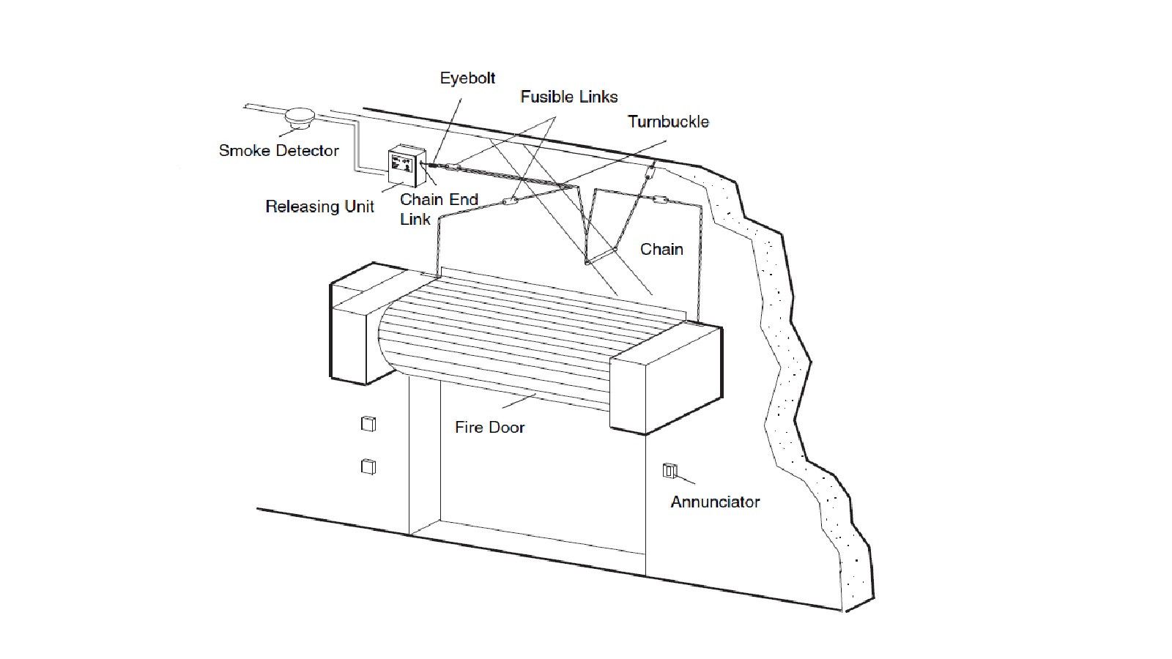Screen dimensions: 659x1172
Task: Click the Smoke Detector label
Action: pyautogui.click(x=278, y=151)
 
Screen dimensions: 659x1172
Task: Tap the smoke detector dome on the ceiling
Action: pyautogui.click(x=298, y=117)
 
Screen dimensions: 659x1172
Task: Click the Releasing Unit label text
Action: pyautogui.click(x=319, y=206)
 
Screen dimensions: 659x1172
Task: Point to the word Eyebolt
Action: pyautogui.click(x=467, y=78)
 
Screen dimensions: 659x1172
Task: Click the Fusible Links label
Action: pyautogui.click(x=569, y=97)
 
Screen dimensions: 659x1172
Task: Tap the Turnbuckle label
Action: pyautogui.click(x=668, y=122)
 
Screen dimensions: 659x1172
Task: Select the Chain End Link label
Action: pyautogui.click(x=438, y=209)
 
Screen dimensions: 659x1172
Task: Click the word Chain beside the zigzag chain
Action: pyautogui.click(x=661, y=250)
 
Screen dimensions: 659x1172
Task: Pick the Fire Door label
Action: pyautogui.click(x=489, y=428)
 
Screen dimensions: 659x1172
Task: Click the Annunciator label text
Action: pyautogui.click(x=715, y=502)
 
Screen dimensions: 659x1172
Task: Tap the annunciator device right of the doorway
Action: pyautogui.click(x=670, y=471)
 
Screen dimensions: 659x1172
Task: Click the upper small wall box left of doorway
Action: pyautogui.click(x=368, y=424)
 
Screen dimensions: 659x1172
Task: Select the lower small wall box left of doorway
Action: pyautogui.click(x=368, y=466)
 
